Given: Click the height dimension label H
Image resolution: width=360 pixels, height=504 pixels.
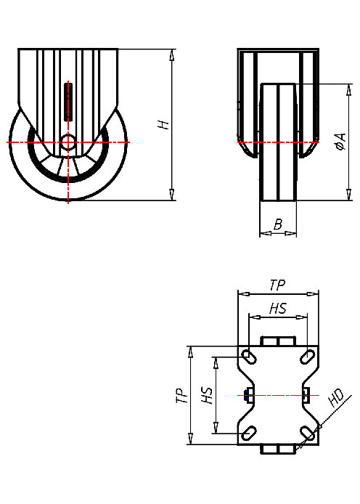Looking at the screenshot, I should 165,124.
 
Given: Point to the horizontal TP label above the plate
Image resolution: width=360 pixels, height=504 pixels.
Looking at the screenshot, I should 277,285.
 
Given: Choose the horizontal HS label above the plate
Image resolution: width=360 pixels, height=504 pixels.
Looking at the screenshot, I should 277,309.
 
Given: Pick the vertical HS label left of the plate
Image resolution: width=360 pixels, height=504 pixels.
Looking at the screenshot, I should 207,395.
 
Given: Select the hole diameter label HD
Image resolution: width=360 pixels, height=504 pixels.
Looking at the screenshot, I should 335,398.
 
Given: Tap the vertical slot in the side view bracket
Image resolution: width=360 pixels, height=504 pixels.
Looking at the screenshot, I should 68,102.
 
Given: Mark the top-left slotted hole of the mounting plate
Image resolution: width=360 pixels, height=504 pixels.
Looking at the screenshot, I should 249,357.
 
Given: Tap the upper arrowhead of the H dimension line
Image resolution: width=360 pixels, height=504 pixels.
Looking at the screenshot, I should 172,54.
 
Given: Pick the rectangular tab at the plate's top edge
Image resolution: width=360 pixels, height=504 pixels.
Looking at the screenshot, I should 278,341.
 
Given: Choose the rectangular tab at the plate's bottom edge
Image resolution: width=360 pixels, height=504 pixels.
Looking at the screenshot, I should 278,450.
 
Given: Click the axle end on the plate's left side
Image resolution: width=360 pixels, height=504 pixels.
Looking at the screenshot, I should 249,395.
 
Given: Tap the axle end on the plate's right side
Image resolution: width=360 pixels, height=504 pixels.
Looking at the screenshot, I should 306,395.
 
